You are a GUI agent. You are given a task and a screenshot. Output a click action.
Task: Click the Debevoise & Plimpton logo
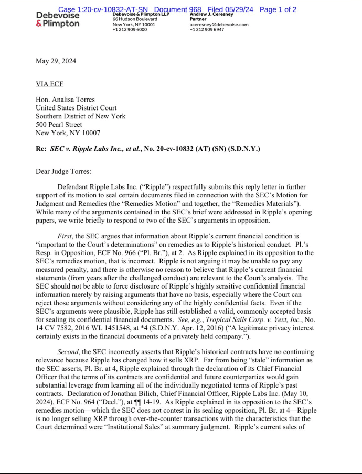(x=58, y=20)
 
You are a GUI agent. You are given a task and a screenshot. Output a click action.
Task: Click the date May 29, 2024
(x=56, y=61)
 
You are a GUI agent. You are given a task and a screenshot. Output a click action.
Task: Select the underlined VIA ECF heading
(x=49, y=84)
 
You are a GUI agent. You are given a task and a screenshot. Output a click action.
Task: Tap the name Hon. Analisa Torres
(x=66, y=100)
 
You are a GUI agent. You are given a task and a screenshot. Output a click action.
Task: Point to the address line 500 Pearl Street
(x=59, y=125)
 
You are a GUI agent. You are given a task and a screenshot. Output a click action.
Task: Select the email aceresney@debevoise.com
(x=219, y=24)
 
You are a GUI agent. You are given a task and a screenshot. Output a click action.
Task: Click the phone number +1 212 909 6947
(x=207, y=30)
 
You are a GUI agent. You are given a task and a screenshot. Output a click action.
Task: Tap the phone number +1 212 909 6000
(x=130, y=30)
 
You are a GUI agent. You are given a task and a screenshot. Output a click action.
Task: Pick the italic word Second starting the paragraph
(x=68, y=352)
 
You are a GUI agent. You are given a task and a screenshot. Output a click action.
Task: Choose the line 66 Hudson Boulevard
(x=135, y=19)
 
